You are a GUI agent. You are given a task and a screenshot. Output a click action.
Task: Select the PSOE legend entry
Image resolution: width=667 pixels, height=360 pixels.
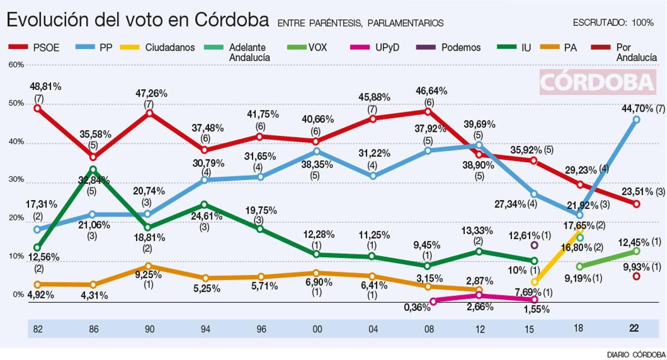pyautogui.click(x=35, y=48)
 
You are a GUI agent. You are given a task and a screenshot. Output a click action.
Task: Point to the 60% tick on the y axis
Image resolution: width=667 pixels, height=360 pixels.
pyautogui.click(x=16, y=65)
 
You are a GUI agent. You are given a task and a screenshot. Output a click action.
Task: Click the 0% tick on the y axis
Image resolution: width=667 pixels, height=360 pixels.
pyautogui.click(x=18, y=294)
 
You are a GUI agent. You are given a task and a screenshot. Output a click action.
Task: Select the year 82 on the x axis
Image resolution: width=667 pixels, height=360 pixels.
pyautogui.click(x=38, y=329)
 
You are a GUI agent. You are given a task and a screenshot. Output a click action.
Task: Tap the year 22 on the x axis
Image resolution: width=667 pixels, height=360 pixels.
pyautogui.click(x=634, y=329)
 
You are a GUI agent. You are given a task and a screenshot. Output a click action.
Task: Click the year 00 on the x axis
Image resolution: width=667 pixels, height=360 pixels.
pyautogui.click(x=316, y=329)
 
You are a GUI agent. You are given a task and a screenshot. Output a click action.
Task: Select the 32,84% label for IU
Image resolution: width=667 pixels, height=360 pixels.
pyautogui.click(x=93, y=180)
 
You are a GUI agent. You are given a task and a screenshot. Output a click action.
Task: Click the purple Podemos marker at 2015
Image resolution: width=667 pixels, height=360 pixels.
pyautogui.click(x=534, y=245)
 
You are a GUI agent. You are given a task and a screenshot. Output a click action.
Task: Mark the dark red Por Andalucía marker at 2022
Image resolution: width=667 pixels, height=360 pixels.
pyautogui.click(x=636, y=276)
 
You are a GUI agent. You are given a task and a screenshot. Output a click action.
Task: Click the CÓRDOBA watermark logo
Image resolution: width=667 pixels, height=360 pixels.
pyautogui.click(x=598, y=82)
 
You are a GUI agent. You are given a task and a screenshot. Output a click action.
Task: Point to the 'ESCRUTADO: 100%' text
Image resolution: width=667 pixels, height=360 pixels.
pyautogui.click(x=613, y=23)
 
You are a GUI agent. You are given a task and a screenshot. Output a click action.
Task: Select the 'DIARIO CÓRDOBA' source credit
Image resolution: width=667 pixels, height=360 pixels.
pyautogui.click(x=636, y=354)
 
